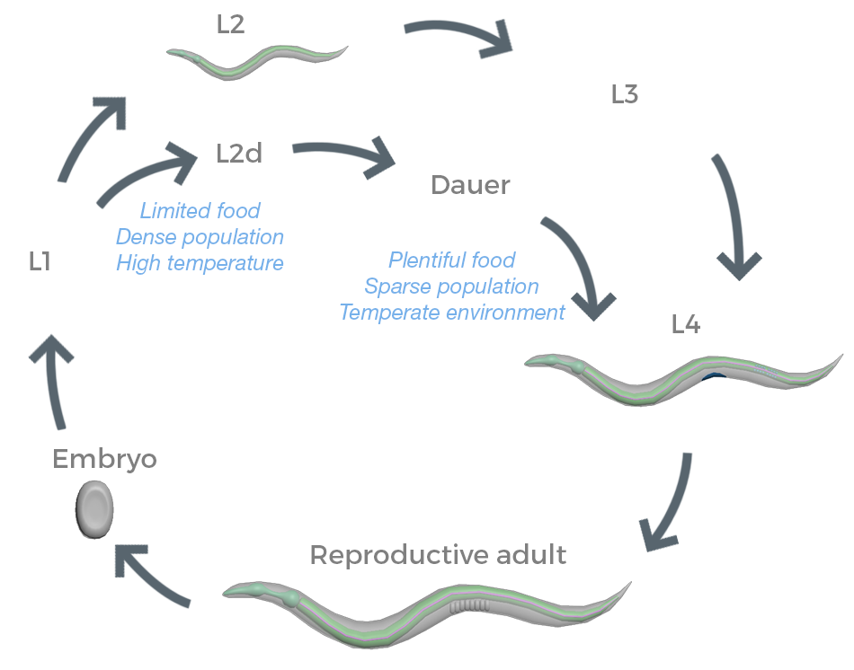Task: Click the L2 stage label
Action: [x=231, y=24]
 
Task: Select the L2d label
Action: [x=239, y=154]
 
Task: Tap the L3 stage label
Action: [x=624, y=95]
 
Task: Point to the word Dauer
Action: [x=470, y=186]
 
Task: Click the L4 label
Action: [x=686, y=325]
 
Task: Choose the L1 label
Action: [x=39, y=262]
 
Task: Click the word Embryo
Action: [x=104, y=459]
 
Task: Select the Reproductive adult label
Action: [x=438, y=555]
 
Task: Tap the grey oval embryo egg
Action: [x=94, y=509]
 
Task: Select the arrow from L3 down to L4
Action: [x=733, y=216]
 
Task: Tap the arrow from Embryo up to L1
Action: [x=51, y=377]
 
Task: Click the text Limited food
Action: [x=200, y=211]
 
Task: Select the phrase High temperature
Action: [x=200, y=263]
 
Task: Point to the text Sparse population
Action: [x=451, y=287]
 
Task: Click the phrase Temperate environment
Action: [x=451, y=313]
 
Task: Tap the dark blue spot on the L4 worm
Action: [x=715, y=378]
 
